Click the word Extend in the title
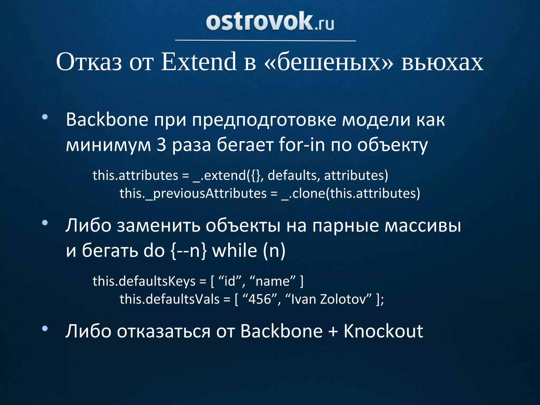pos(199,62)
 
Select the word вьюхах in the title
pos(442,62)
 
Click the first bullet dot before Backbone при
pos(45,117)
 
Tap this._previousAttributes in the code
pos(193,194)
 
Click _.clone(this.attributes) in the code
pos(351,194)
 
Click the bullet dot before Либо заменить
pos(45,223)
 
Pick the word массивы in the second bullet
pos(423,226)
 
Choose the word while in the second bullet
pos(235,250)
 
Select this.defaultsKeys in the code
pos(144,281)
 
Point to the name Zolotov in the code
pos(343,299)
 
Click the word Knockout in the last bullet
pos(383,331)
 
